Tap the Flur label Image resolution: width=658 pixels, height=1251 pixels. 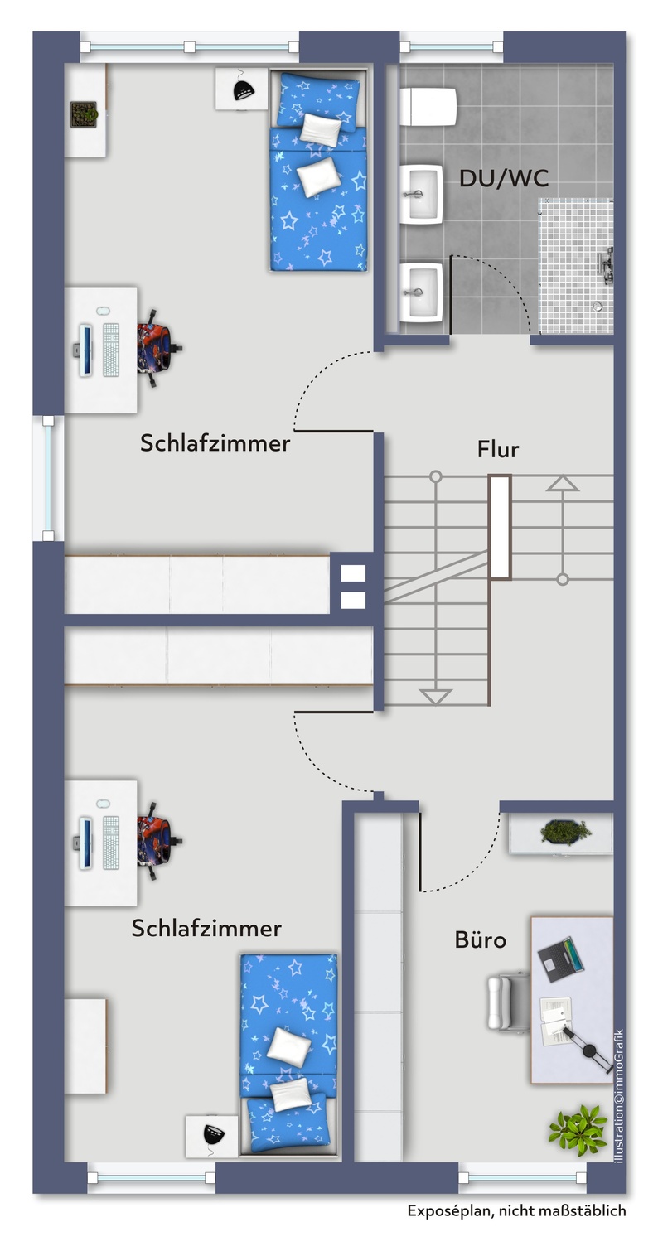[498, 450]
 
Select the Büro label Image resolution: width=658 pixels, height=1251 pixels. [481, 939]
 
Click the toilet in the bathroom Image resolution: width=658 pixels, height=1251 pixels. [428, 107]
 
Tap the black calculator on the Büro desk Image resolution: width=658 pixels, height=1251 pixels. [559, 956]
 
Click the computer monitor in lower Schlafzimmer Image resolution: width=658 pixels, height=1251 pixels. [85, 842]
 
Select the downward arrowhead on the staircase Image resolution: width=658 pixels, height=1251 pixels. [436, 697]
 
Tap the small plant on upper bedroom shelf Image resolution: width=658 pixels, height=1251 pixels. [84, 114]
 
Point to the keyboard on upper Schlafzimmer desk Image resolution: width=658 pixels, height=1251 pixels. [110, 350]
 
